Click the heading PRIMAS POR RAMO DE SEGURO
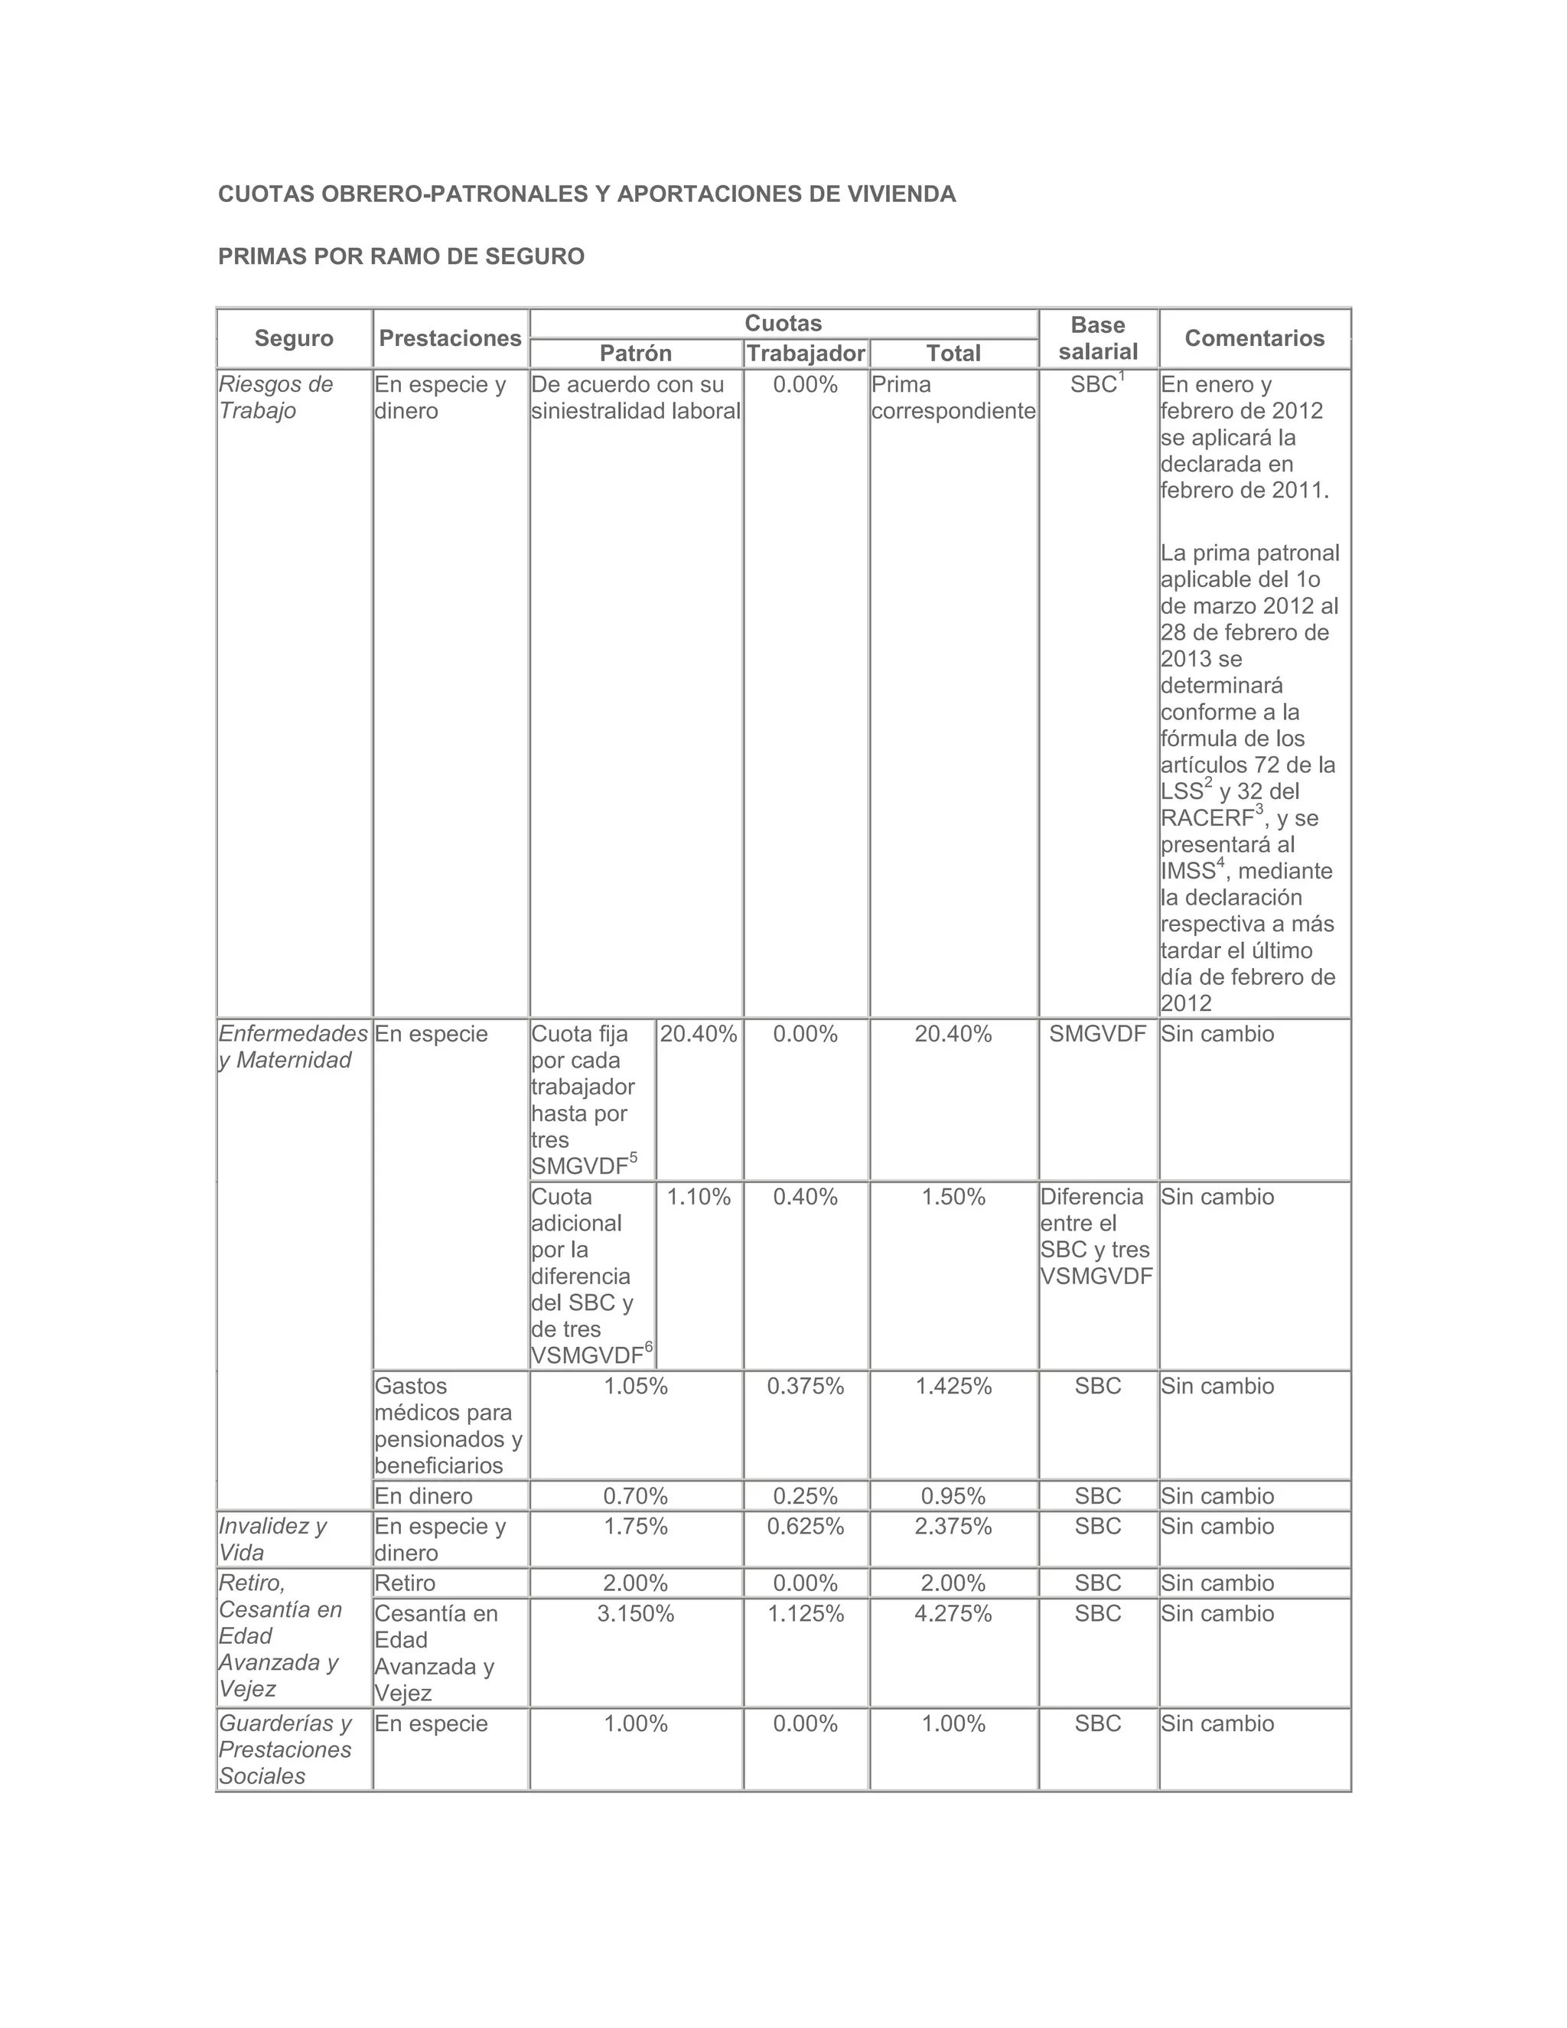tap(401, 256)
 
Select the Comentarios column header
tap(1254, 338)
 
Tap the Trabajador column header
tap(806, 353)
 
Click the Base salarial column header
tap(1097, 338)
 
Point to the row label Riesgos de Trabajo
tap(275, 397)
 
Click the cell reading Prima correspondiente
tap(953, 397)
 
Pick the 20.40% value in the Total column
tap(953, 1033)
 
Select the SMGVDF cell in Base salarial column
tap(1097, 1033)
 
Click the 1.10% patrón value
tap(699, 1197)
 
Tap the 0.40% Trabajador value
tap(806, 1197)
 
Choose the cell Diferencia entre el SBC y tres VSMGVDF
tap(1096, 1236)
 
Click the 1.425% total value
tap(953, 1387)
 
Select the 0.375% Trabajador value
tap(806, 1387)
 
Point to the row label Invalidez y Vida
tap(273, 1540)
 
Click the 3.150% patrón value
tap(636, 1614)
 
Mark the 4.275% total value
tap(953, 1614)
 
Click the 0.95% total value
tap(953, 1496)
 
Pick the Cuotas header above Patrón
tap(783, 323)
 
